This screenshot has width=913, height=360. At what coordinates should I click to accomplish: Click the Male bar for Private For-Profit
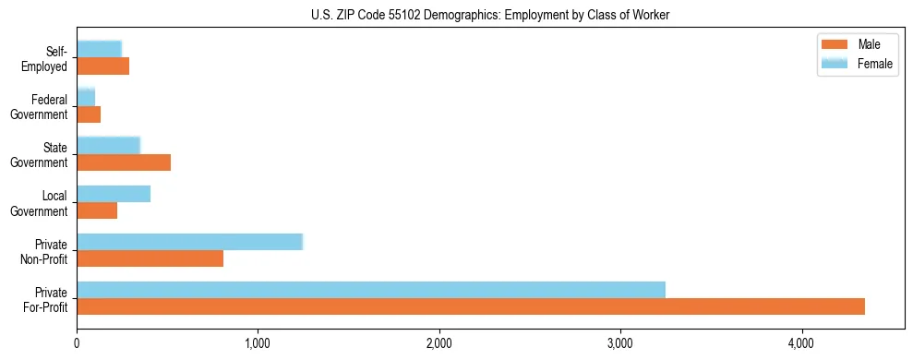(x=471, y=306)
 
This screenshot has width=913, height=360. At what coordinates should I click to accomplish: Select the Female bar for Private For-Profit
(x=371, y=290)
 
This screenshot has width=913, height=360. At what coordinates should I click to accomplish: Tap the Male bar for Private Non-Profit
(x=150, y=258)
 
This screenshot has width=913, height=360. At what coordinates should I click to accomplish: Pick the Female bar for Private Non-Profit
(x=189, y=242)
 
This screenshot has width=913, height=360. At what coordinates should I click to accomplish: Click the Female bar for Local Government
(x=114, y=194)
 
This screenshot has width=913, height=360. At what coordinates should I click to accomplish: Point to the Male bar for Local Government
(x=97, y=210)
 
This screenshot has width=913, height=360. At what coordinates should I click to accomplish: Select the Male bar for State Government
(x=124, y=162)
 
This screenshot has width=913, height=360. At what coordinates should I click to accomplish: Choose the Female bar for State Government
(x=108, y=146)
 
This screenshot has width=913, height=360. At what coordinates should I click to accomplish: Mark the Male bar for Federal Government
(x=89, y=114)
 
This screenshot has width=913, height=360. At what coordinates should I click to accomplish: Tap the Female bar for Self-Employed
(x=99, y=50)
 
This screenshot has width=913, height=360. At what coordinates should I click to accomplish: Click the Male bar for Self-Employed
(x=102, y=66)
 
